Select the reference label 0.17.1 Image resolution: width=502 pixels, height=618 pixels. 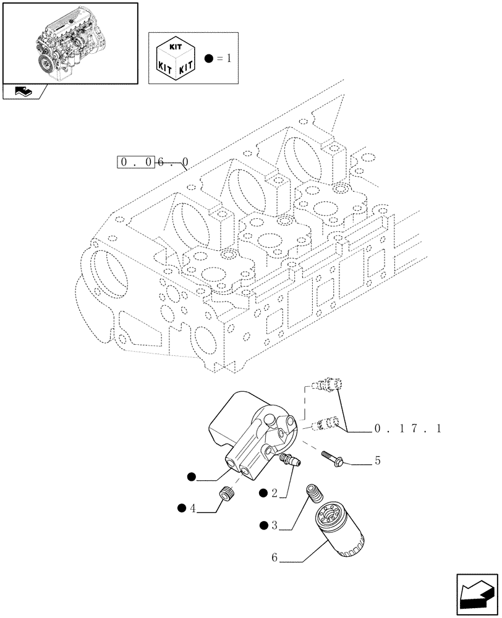point(407,428)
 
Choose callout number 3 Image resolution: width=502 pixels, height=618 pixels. point(274,526)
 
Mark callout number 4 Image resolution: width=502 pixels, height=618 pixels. point(193,509)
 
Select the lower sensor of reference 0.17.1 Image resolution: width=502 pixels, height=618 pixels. point(326,423)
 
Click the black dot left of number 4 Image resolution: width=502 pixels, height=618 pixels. point(182,509)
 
